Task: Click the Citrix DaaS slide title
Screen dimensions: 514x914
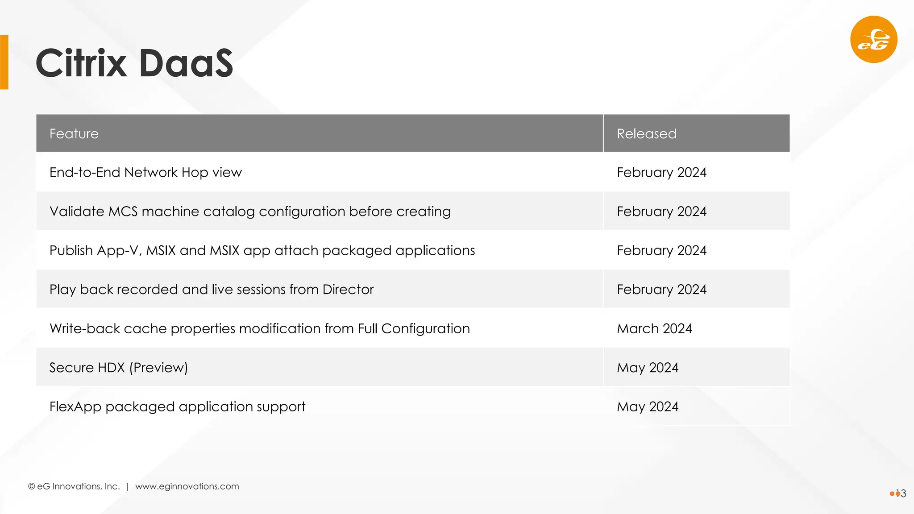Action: [134, 63]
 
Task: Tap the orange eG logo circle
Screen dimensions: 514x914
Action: [873, 40]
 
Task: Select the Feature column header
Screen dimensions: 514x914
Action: [74, 134]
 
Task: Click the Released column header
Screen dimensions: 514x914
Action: [646, 134]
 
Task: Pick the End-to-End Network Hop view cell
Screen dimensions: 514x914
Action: [145, 173]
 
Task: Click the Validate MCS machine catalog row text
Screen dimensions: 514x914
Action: [250, 211]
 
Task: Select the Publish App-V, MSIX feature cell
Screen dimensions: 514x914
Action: [262, 251]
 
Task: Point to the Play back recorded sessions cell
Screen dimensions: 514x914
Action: [212, 290]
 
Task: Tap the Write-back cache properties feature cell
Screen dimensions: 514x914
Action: [259, 329]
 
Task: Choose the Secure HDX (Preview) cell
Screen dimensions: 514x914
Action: [119, 368]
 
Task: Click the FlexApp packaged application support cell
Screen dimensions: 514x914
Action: [177, 407]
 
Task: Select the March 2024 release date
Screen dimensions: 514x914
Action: [654, 329]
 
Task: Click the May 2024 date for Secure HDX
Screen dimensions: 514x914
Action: [647, 368]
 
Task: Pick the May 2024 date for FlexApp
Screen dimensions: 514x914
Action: [647, 407]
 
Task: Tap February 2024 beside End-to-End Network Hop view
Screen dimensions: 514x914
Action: [661, 173]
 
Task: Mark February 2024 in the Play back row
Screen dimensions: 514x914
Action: [661, 290]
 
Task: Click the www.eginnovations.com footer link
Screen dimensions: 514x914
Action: [187, 486]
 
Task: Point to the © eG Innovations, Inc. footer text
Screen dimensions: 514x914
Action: [74, 486]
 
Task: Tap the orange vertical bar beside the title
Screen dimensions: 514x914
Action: [4, 62]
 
